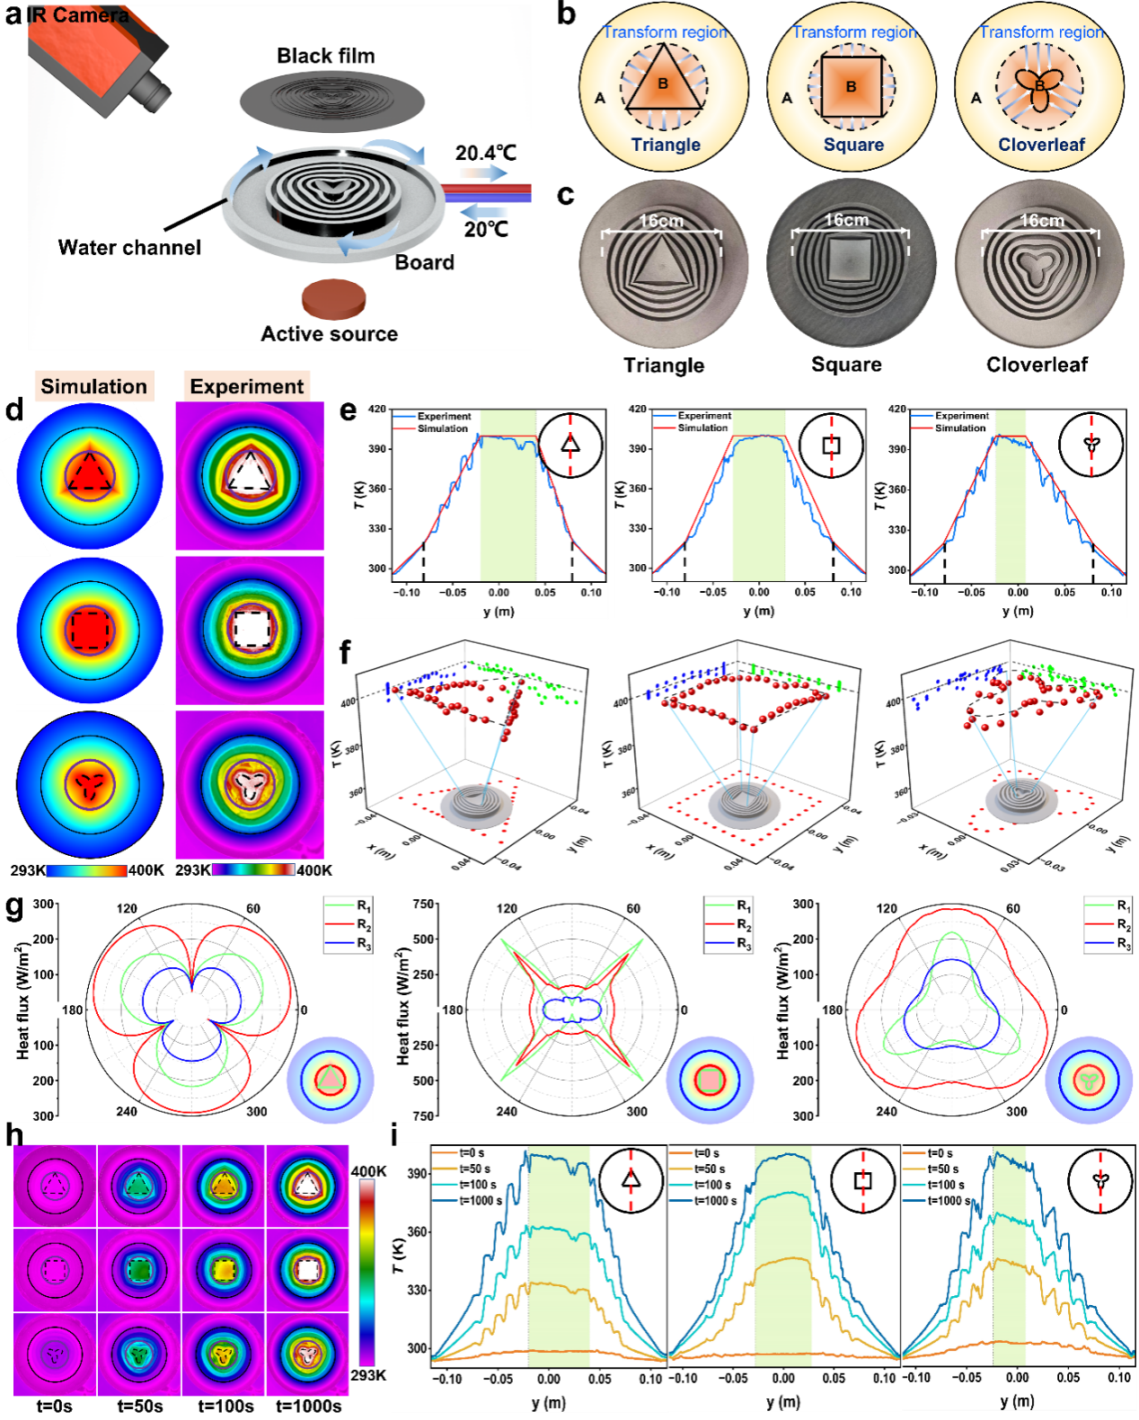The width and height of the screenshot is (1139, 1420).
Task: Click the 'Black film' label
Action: pos(325,56)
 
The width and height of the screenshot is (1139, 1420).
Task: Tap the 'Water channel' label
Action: pos(129,248)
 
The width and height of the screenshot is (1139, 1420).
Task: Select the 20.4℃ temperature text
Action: pos(485,153)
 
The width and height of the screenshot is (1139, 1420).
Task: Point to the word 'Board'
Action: pos(424,262)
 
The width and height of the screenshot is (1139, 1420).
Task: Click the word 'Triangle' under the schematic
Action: pos(666,146)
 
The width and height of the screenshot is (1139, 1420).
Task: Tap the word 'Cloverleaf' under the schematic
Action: pos(1041,146)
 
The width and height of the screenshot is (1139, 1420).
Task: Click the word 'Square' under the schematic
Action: pos(853,146)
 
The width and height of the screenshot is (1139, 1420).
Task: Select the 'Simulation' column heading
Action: pos(93,386)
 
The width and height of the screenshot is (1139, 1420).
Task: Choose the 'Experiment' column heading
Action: pos(247,386)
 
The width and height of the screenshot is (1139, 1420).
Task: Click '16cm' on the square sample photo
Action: pos(846,220)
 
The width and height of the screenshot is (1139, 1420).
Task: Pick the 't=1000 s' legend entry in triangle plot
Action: pos(481,1201)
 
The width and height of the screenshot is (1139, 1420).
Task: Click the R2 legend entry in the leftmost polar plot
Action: pos(363,924)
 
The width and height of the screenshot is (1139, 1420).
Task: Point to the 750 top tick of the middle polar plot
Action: pos(423,904)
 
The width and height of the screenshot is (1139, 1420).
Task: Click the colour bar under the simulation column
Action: pos(86,870)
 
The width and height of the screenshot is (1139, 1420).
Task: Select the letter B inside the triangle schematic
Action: pos(663,84)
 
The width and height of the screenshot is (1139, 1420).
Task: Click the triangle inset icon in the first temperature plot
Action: pos(569,444)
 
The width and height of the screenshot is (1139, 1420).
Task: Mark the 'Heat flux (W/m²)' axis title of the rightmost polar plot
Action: pos(782,1001)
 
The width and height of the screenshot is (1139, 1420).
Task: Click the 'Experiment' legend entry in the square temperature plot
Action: pos(704,416)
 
